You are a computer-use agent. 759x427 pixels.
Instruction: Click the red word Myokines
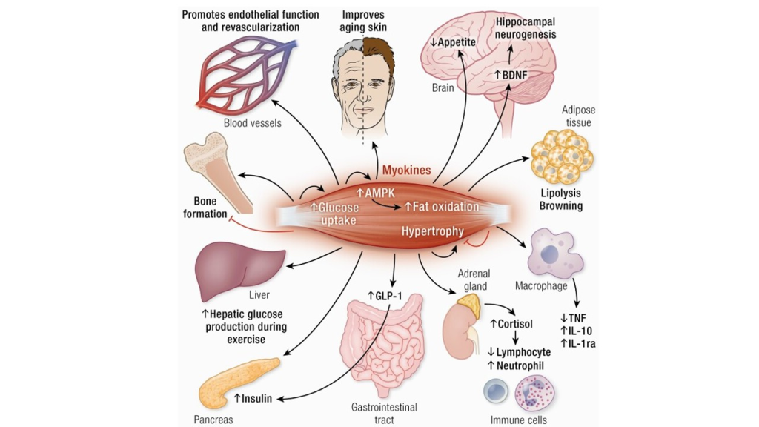click(406, 171)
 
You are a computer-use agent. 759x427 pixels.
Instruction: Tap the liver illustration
click(238, 264)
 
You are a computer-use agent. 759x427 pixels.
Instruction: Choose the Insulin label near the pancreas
click(253, 398)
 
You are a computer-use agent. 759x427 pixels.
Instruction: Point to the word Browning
click(561, 205)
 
